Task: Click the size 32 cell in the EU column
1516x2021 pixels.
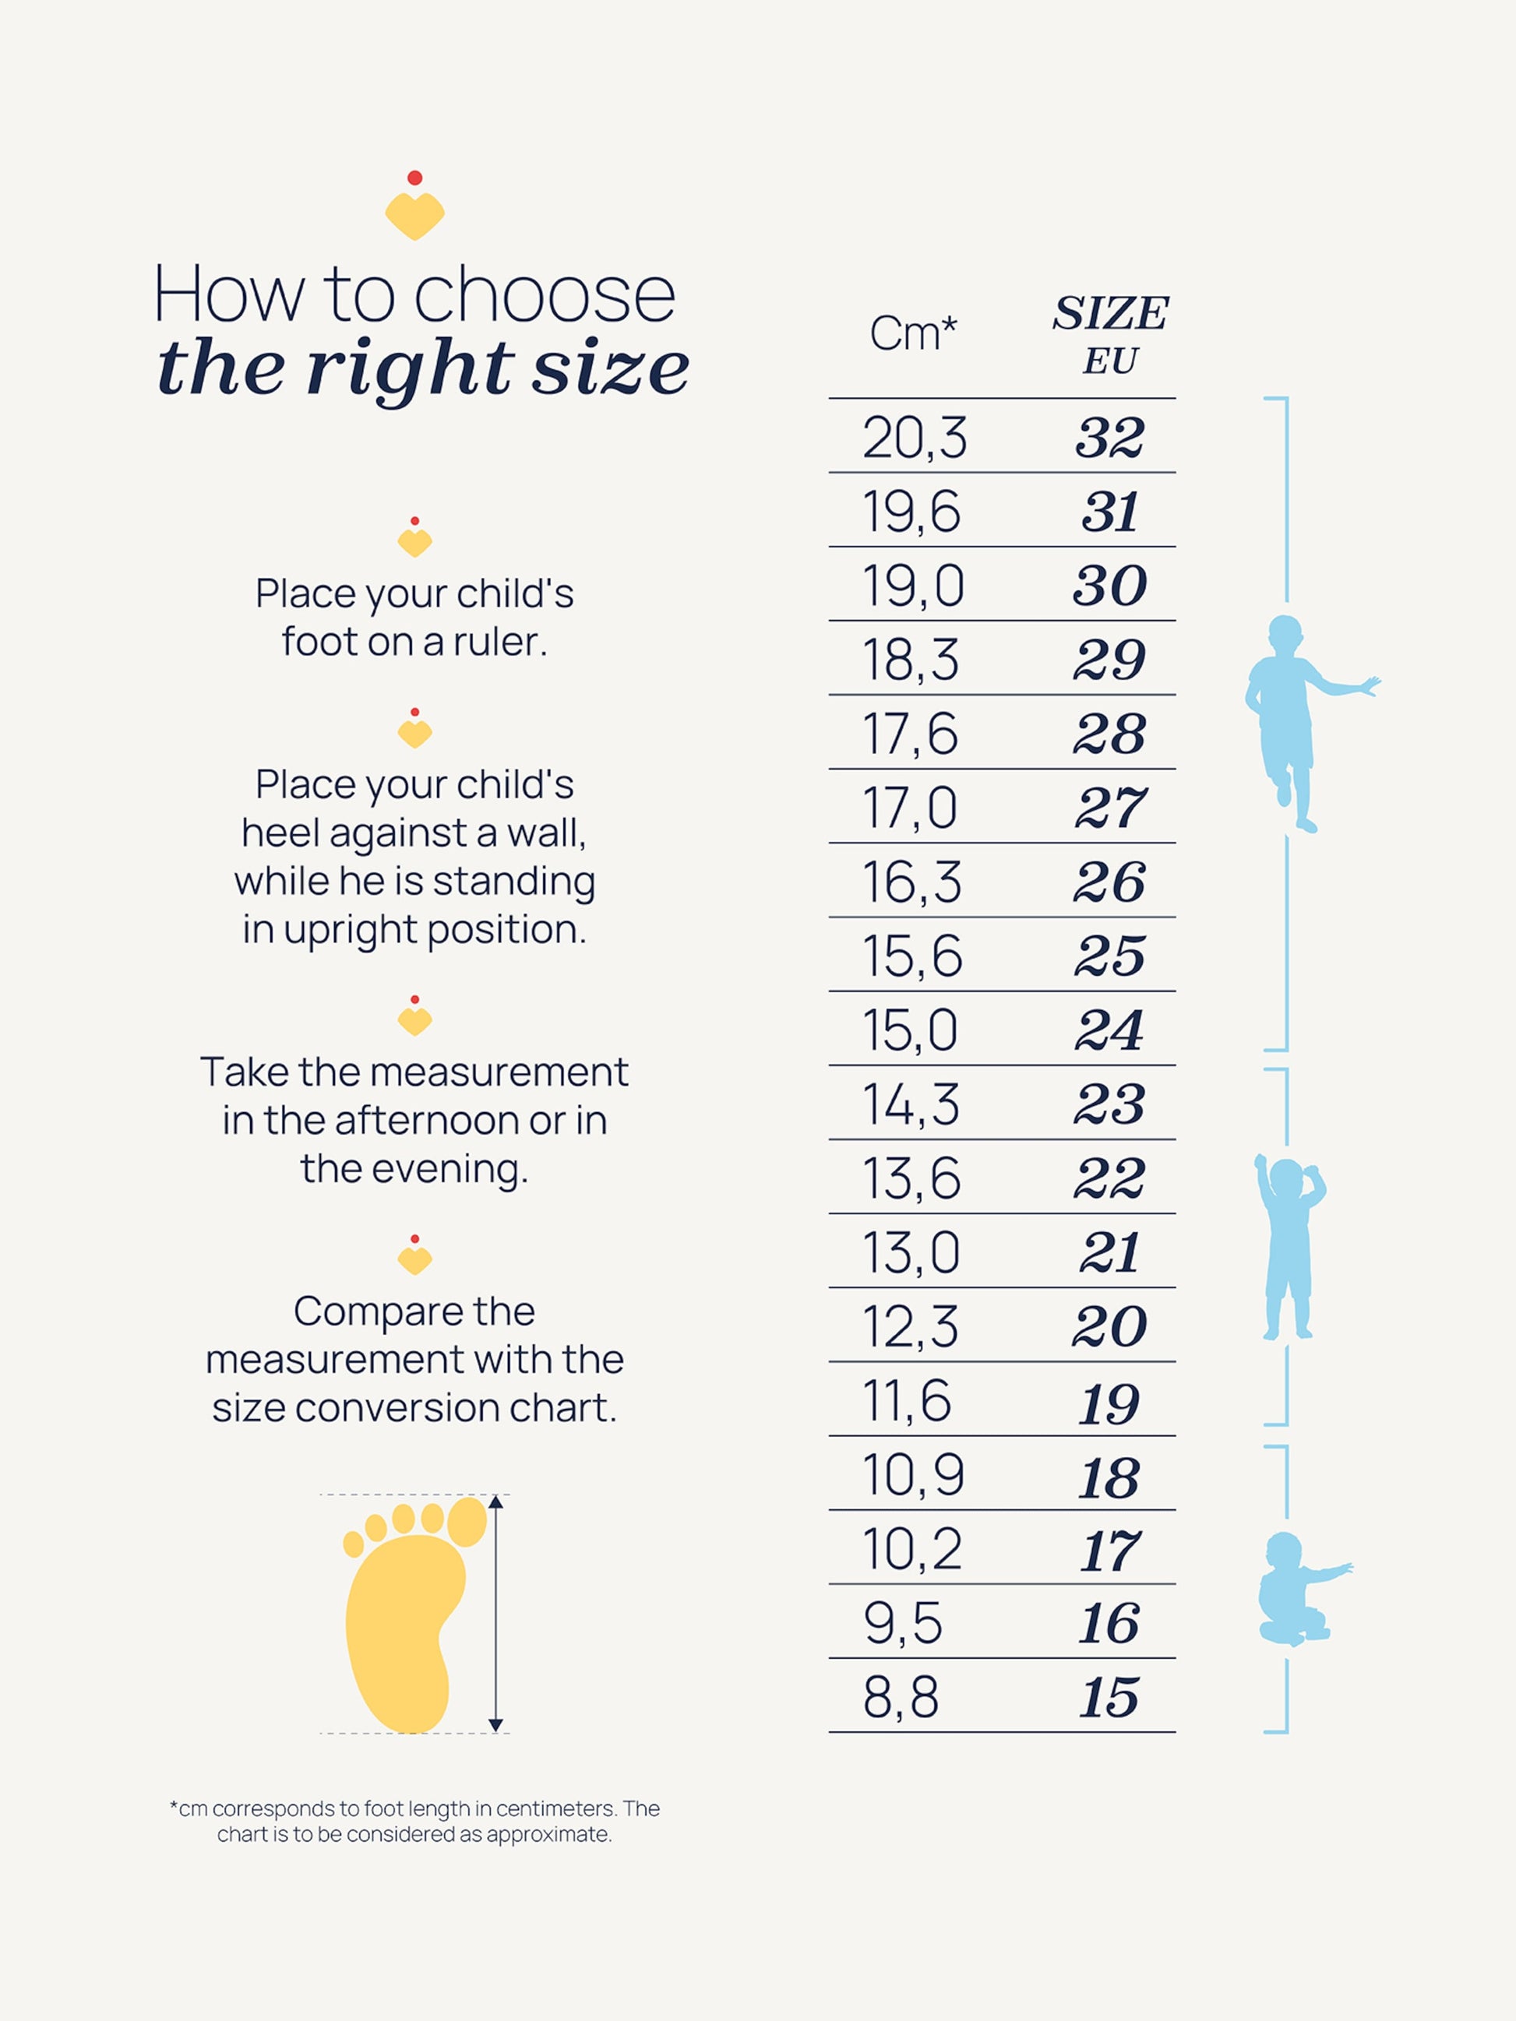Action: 1109,438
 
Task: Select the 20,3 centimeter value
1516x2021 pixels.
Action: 914,438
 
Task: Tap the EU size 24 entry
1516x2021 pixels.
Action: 1109,1030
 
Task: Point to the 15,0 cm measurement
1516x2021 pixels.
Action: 910,1030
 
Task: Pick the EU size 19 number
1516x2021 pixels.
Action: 1109,1403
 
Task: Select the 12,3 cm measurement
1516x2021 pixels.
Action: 910,1326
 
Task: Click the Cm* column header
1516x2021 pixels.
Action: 912,333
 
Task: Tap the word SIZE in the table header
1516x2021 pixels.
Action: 1109,313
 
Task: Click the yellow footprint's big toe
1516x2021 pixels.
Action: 467,1521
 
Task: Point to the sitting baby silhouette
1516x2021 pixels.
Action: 1298,1589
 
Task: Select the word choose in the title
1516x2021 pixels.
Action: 545,295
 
